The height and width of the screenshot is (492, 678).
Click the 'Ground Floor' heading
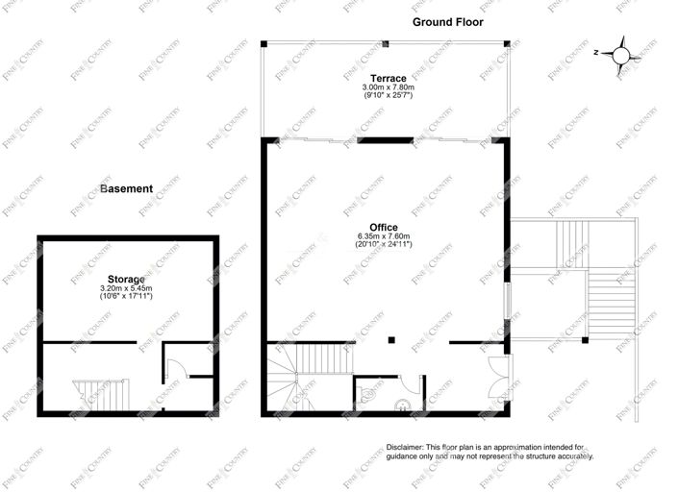click(447, 21)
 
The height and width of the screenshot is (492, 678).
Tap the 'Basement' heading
click(126, 188)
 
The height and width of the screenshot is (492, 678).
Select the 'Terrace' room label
click(387, 77)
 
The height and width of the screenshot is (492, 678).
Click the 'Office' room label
click(384, 227)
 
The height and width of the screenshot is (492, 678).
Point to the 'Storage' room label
click(127, 279)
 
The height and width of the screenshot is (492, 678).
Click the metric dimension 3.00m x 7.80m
click(387, 86)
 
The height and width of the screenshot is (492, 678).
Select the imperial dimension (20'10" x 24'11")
click(384, 245)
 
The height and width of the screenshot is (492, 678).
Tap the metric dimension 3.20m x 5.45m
click(127, 288)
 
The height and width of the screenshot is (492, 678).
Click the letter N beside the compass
click(596, 53)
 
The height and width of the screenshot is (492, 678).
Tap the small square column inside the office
click(391, 339)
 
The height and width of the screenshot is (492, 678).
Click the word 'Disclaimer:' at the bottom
click(408, 447)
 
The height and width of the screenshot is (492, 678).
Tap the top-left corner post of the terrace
click(263, 43)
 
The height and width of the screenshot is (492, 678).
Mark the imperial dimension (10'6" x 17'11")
click(127, 297)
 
